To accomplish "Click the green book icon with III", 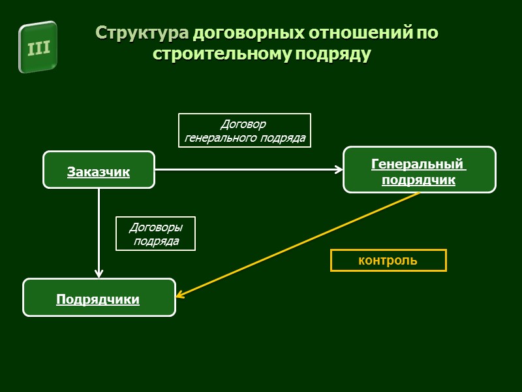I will (38, 47).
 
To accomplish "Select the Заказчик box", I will (99, 170).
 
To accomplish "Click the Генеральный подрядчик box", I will (419, 169).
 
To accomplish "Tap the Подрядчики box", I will (99, 297).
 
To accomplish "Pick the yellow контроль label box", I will (388, 260).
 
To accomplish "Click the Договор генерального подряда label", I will (245, 131).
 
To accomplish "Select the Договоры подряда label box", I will (155, 234).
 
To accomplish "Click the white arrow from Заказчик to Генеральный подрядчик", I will (248, 170).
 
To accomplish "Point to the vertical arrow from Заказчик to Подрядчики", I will (99, 229).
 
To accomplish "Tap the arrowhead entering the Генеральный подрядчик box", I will (339, 170).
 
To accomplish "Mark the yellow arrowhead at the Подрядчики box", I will (181, 295).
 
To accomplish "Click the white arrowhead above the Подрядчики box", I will (99, 273).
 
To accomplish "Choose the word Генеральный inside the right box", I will (419, 163).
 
